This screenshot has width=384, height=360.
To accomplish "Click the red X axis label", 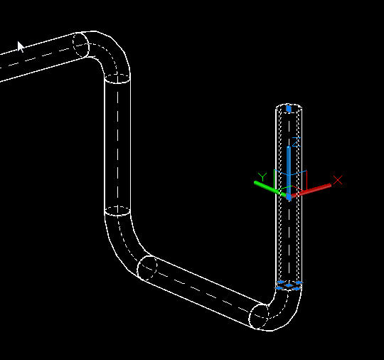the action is pos(338,179).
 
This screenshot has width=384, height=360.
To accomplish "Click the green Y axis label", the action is pos(262,176).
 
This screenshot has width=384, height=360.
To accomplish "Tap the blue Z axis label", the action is pos(296,142).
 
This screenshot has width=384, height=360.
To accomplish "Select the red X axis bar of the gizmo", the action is pos(311,190).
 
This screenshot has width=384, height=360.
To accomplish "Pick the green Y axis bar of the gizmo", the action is pos(270,189).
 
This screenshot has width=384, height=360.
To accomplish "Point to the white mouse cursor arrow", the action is pos(21,46).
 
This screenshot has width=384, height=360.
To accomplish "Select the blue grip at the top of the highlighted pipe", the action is pos(289,109).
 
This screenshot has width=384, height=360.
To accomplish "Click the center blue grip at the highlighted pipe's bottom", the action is pos(289,285).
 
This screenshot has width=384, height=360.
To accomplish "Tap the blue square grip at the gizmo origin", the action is pos(289,197).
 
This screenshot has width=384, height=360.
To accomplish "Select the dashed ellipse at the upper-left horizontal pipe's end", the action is pos(81,45).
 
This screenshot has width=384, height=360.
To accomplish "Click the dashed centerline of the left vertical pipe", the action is pos(117,144).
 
